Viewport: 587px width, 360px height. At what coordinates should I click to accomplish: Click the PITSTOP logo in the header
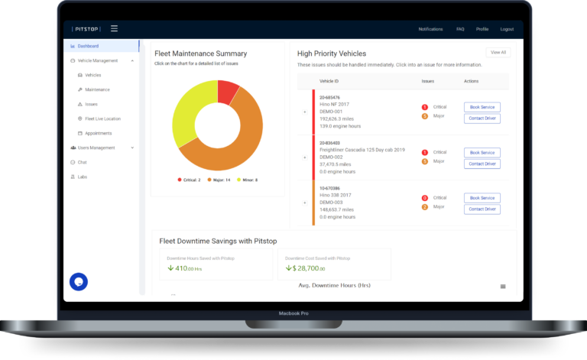coord(86,29)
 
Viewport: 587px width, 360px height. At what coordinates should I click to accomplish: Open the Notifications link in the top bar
coord(430,29)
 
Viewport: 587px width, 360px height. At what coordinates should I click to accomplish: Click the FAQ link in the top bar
coord(460,29)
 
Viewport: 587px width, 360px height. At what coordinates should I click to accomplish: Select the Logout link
coord(507,29)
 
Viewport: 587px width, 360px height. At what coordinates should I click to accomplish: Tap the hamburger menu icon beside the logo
coord(114,29)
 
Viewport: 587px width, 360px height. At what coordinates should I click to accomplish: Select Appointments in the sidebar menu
coord(98,133)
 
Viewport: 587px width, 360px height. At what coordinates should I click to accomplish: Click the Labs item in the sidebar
coord(83,177)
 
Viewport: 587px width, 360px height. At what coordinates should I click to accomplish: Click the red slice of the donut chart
coord(228,92)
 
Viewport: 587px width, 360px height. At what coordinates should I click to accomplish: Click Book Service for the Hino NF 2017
coord(482,108)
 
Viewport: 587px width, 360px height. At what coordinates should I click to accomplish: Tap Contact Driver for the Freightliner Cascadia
coord(482,164)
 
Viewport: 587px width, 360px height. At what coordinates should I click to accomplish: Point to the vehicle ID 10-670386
coord(331,188)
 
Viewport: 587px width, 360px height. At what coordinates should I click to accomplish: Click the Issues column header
coord(428,81)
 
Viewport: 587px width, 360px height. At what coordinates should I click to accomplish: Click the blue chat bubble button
coord(79,281)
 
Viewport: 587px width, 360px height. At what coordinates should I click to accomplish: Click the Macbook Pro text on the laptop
coord(293,313)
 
